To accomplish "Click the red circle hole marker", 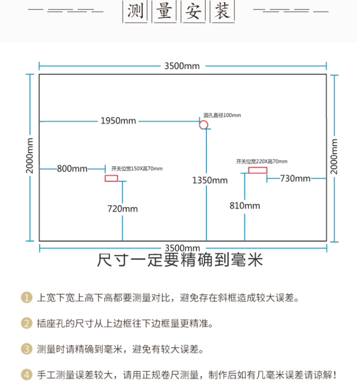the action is [x=204, y=125].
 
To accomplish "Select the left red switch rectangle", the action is [x=111, y=178].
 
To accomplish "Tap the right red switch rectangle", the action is [x=257, y=170].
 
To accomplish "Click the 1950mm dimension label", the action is [x=118, y=121].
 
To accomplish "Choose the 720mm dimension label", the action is [x=122, y=209].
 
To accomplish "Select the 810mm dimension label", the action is [x=245, y=206].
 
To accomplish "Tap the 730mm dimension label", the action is [x=295, y=178].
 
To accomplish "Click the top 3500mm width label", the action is [x=182, y=66].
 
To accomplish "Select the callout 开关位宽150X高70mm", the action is [x=137, y=168].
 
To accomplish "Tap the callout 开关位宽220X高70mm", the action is [x=262, y=161].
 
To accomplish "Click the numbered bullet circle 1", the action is [x=27, y=299].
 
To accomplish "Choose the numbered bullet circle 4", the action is [x=27, y=375].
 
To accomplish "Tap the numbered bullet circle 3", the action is [x=27, y=349].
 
